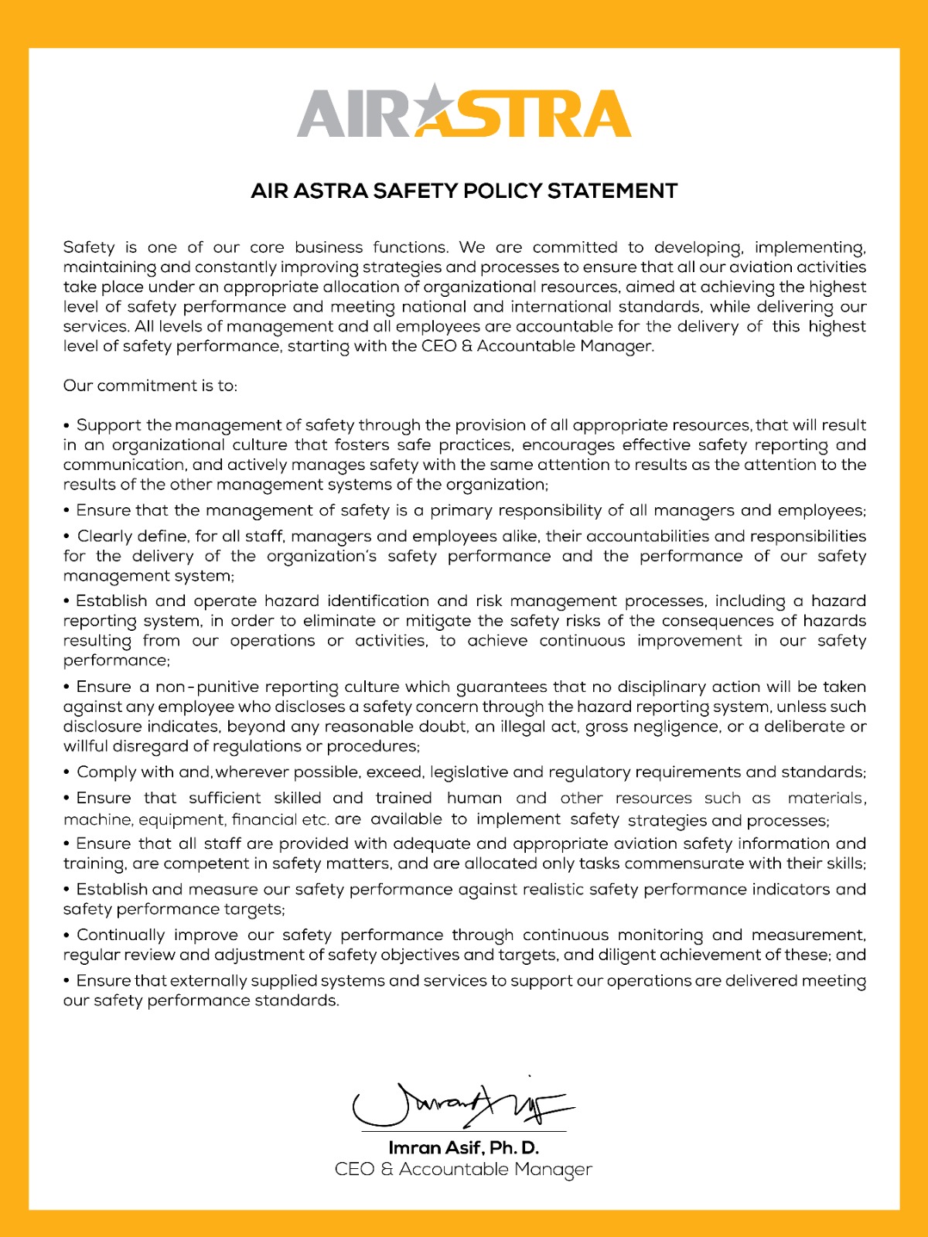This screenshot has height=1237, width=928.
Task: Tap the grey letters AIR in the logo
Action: tap(353, 114)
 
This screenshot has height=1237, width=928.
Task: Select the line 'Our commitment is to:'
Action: tap(150, 386)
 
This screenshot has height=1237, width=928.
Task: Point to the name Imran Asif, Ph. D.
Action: tap(463, 1147)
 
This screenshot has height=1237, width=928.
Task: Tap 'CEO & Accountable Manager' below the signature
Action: tap(463, 1169)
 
